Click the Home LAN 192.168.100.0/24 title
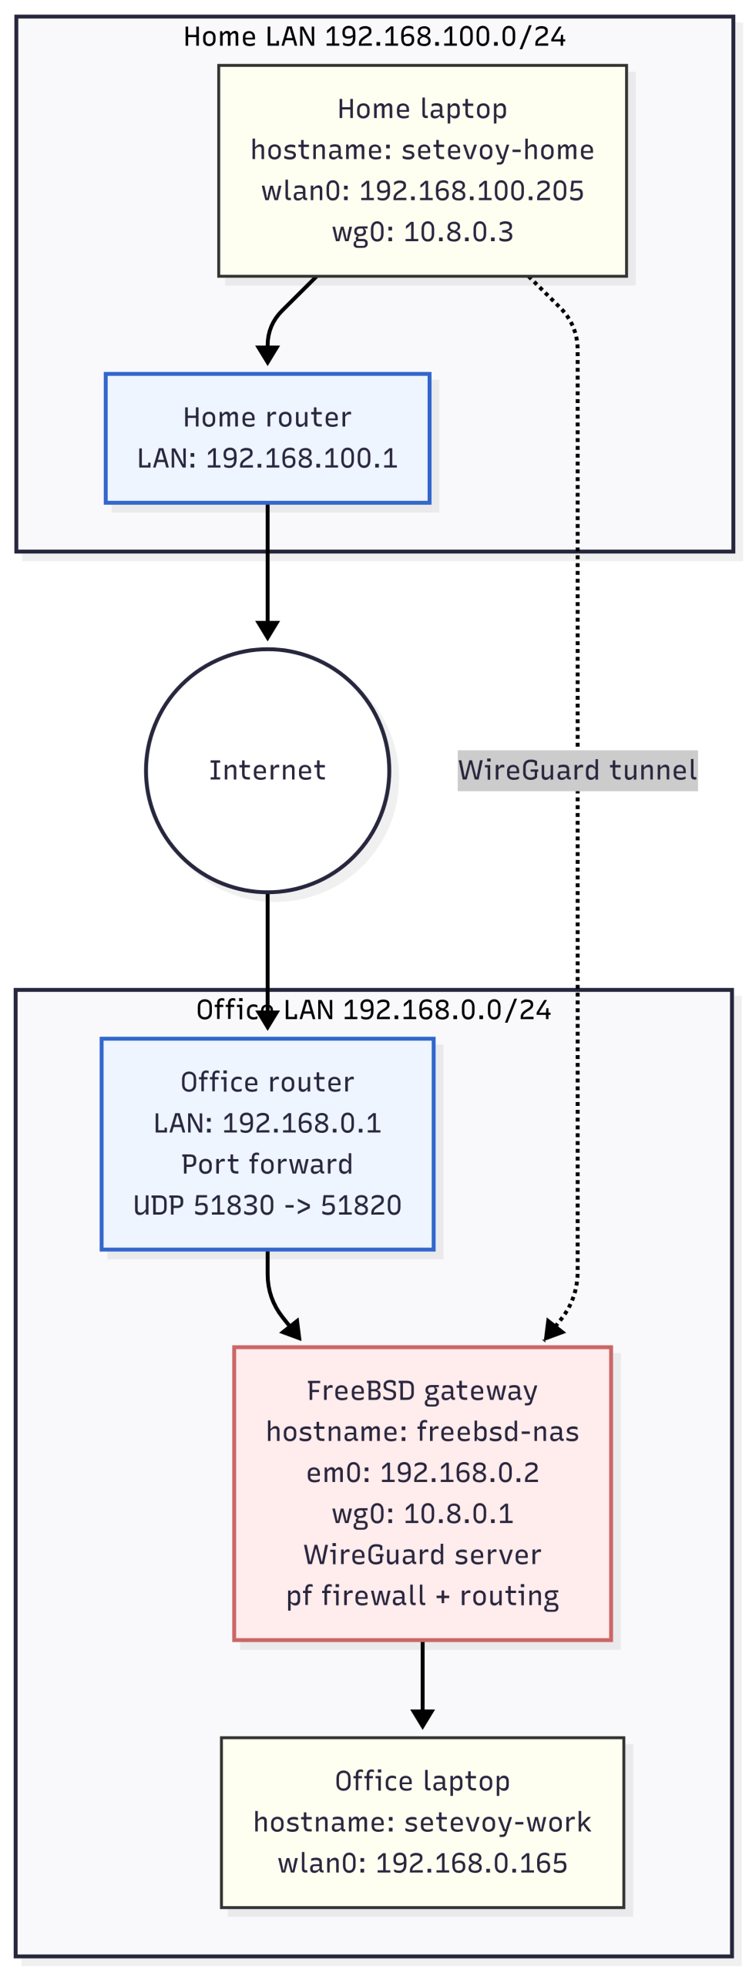(374, 37)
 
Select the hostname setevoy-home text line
(422, 150)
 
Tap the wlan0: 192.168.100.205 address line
(422, 190)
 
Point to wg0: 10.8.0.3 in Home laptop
(422, 231)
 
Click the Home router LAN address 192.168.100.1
(267, 458)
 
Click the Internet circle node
(267, 770)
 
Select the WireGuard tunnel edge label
(577, 770)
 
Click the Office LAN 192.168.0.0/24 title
(374, 1010)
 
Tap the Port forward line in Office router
(267, 1164)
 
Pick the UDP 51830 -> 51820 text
(267, 1205)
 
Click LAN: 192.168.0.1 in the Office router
(267, 1123)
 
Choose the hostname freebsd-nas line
(422, 1431)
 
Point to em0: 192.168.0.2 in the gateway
(422, 1472)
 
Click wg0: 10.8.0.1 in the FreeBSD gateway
(422, 1513)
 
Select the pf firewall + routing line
(422, 1595)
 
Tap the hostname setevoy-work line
(422, 1822)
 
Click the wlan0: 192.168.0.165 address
(422, 1863)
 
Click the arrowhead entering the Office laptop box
(422, 1719)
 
